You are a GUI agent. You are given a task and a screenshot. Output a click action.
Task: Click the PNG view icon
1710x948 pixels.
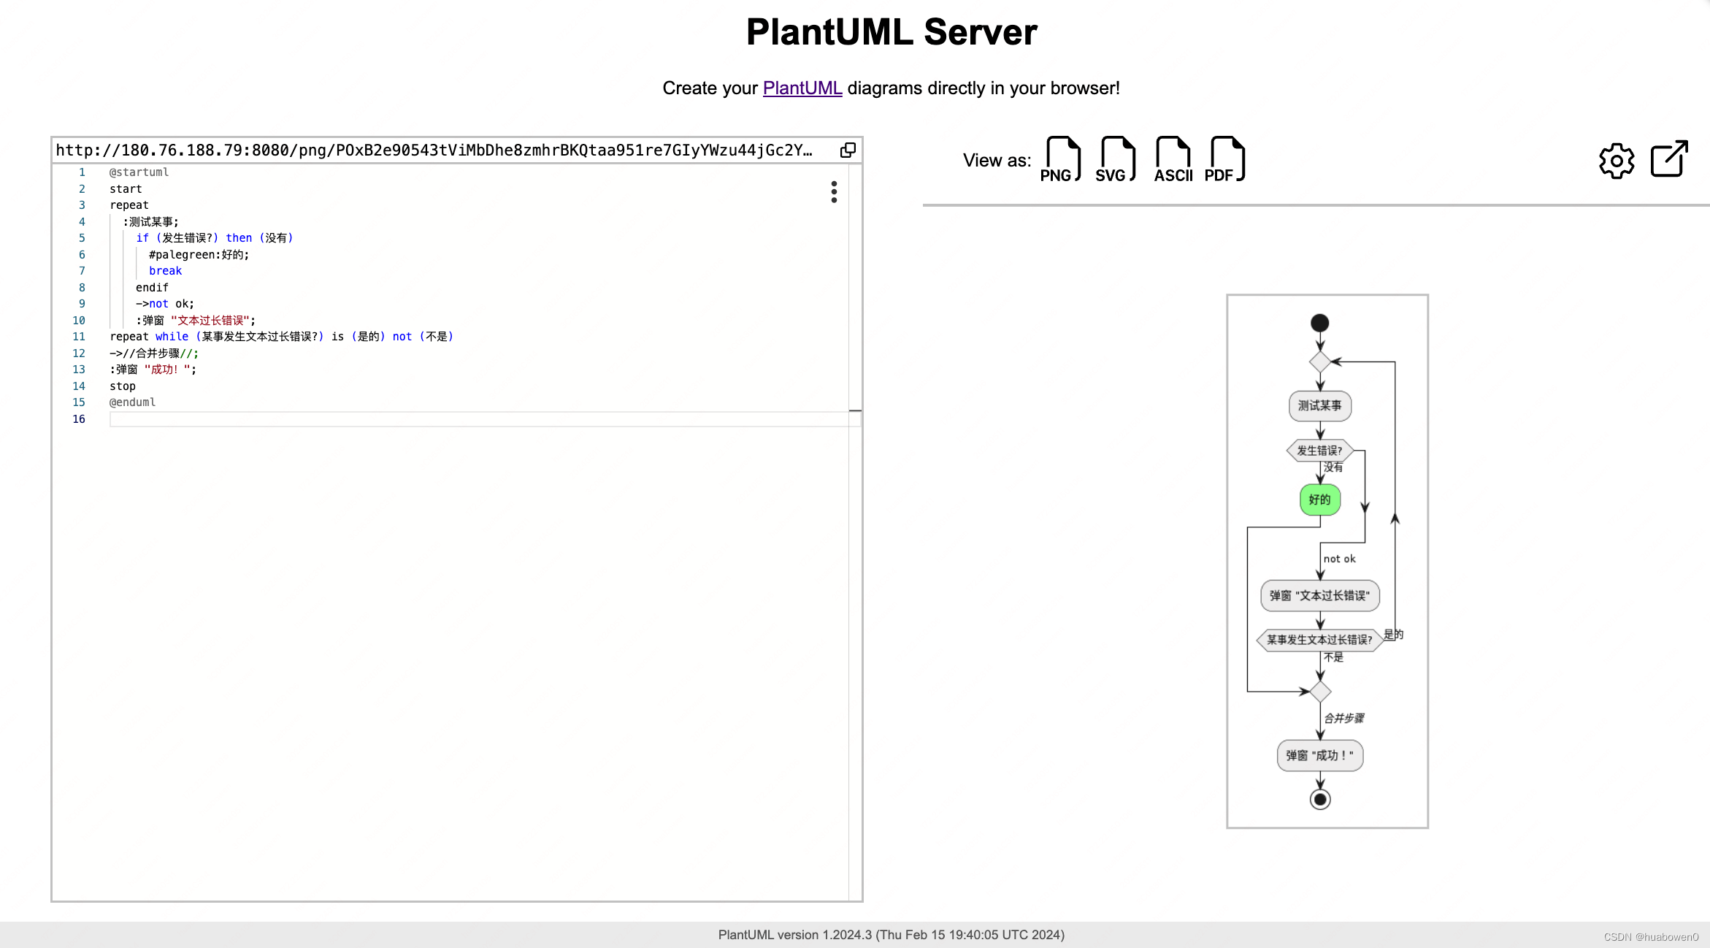pos(1062,159)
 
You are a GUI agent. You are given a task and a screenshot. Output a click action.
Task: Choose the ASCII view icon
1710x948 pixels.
pos(1173,159)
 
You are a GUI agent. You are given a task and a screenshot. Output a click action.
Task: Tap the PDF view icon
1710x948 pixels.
pos(1226,159)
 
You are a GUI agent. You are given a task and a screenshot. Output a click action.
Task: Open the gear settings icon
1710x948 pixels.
pos(1616,160)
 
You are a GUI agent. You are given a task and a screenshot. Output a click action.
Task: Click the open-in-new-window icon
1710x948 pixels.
pos(1669,158)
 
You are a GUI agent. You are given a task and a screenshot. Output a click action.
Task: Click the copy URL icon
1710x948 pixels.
pos(847,150)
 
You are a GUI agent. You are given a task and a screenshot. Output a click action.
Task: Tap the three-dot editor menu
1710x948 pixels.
pos(834,192)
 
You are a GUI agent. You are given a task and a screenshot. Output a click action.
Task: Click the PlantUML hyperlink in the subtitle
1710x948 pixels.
pos(802,88)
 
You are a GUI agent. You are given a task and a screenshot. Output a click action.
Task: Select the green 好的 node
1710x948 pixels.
pos(1319,500)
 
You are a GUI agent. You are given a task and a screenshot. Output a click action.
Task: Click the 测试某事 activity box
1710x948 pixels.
pos(1319,406)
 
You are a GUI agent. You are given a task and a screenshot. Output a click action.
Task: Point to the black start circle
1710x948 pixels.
pos(1319,323)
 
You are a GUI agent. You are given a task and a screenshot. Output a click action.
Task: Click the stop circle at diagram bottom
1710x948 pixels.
pos(1319,800)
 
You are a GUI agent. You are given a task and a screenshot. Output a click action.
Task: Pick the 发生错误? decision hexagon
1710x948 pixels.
pos(1319,451)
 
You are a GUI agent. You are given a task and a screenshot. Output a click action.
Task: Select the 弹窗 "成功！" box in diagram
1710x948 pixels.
pos(1319,756)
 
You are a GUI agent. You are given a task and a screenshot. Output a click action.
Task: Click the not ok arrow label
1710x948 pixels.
pos(1339,559)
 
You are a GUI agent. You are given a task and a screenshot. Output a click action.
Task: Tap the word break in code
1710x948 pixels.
pos(165,271)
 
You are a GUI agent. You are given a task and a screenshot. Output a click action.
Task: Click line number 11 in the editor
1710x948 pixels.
pos(79,337)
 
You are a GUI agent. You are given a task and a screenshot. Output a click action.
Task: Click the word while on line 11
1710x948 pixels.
pos(172,337)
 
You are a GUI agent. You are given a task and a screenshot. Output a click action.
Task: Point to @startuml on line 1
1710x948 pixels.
pos(139,172)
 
